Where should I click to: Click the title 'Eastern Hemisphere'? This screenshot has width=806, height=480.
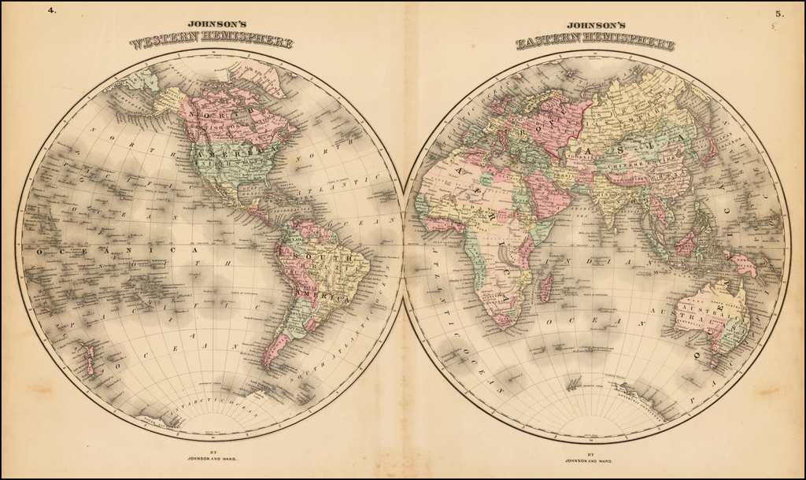[x=595, y=42]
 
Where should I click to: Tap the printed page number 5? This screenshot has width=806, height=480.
[x=778, y=13]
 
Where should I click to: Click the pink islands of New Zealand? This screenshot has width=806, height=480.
[x=88, y=358]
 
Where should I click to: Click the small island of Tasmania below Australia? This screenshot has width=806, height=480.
[x=717, y=363]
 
